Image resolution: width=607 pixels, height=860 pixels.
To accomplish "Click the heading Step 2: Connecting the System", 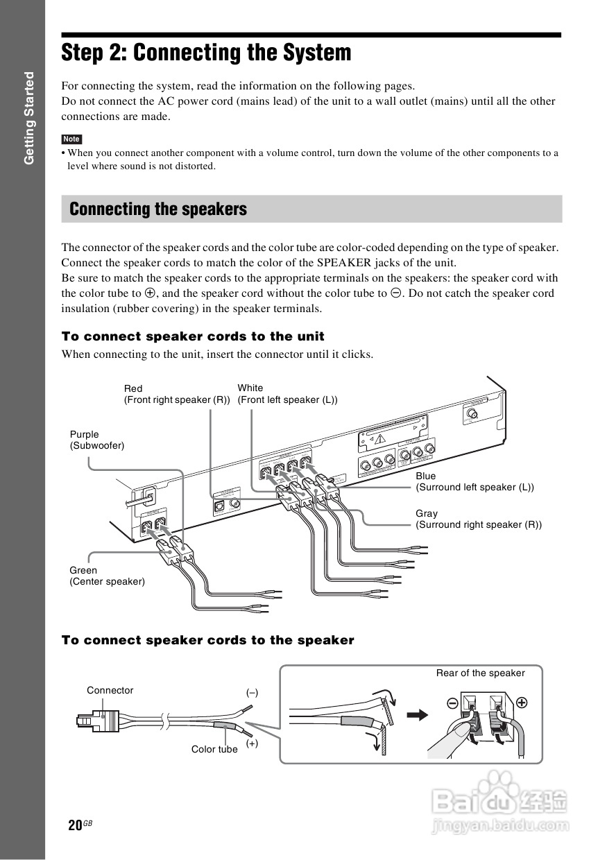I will tap(206, 53).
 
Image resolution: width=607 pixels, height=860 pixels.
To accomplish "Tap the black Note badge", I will tap(71, 139).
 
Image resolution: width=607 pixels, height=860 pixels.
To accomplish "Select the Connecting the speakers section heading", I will tap(158, 209).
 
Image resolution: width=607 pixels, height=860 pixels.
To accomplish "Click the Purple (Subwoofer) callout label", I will tap(96, 440).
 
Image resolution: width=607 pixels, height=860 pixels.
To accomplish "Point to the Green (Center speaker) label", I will tap(107, 576).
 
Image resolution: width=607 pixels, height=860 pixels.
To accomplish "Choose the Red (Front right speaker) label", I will tap(177, 394).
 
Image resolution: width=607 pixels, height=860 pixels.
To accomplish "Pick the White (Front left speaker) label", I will tap(287, 394).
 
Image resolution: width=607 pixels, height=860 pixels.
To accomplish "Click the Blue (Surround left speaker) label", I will tap(475, 481).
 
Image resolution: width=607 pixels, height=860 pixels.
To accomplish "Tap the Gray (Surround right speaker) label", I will tap(479, 519).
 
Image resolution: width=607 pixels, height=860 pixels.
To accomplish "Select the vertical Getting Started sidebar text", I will tap(29, 118).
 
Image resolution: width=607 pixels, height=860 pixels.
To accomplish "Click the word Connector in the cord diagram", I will tap(110, 690).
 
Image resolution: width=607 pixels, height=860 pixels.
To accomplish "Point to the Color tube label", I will tap(214, 749).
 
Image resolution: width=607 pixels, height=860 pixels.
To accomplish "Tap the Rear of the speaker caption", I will tap(480, 673).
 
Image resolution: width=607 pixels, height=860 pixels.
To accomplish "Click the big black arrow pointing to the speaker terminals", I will tap(418, 715).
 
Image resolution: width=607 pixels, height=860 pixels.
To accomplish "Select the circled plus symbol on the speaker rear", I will tap(522, 702).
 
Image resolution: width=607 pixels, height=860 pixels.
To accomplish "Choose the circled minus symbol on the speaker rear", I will tap(452, 703).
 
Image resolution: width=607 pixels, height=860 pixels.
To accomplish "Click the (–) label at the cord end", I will tap(252, 692).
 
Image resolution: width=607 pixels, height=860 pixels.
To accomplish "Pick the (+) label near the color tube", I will tap(252, 743).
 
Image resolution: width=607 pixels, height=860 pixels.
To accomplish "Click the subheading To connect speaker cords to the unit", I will tap(193, 336).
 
